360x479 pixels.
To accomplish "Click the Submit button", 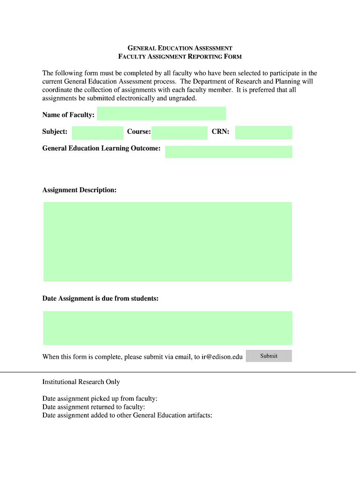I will [x=269, y=356].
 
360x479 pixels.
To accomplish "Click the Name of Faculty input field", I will [x=161, y=114].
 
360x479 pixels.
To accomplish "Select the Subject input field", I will [x=97, y=133].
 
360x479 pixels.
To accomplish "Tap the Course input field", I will [x=179, y=133].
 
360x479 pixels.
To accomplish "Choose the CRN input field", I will [x=263, y=132].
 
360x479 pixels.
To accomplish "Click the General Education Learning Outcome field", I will [x=228, y=152].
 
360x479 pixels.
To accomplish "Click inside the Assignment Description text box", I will [x=167, y=241].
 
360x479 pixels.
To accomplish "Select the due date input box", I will [x=167, y=328].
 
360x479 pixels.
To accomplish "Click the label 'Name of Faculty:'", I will [x=68, y=115].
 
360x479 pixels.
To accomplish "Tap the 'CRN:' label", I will [x=220, y=132].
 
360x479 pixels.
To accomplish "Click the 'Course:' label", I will [x=139, y=132].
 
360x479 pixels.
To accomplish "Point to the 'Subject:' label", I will [x=55, y=132].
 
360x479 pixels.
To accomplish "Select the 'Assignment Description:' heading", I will [x=79, y=190].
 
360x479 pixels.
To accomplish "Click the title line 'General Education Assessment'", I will [x=180, y=48].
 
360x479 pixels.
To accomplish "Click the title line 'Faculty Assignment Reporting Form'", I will [x=180, y=57].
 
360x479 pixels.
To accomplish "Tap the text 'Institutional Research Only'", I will [x=81, y=382].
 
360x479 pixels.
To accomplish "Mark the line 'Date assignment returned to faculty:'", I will [x=94, y=407].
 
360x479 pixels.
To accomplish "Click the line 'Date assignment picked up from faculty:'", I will [x=100, y=399].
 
